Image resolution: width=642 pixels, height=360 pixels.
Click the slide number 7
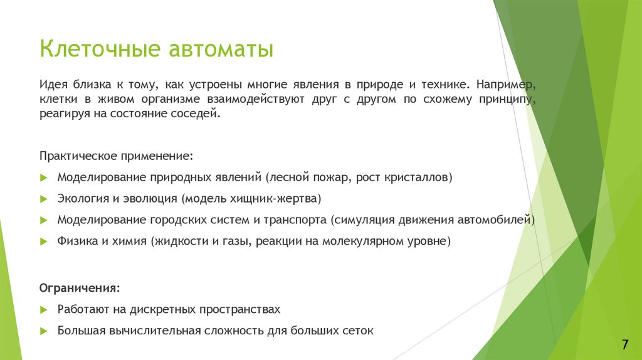coord(625,344)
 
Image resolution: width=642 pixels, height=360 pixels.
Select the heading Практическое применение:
coord(117,155)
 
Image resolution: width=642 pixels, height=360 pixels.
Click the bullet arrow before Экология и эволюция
coord(43,199)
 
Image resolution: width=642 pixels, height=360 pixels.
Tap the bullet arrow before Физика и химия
coord(43,241)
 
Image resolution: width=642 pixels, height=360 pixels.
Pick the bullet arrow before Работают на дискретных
coord(43,309)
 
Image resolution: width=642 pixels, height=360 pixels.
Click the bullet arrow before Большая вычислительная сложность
coord(43,331)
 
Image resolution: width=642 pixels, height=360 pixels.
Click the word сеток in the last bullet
coord(356,331)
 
